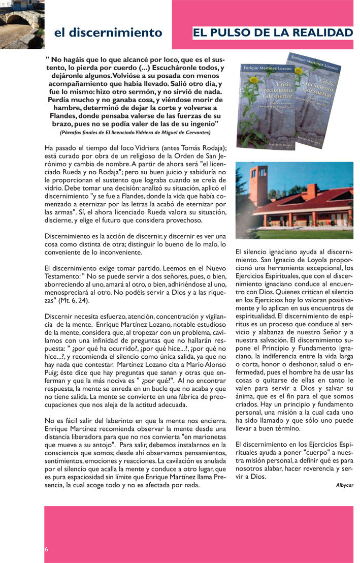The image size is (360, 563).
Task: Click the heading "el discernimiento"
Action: coord(108,33)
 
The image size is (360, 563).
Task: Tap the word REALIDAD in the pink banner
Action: coord(325,33)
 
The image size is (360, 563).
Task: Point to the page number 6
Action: coord(46,549)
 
